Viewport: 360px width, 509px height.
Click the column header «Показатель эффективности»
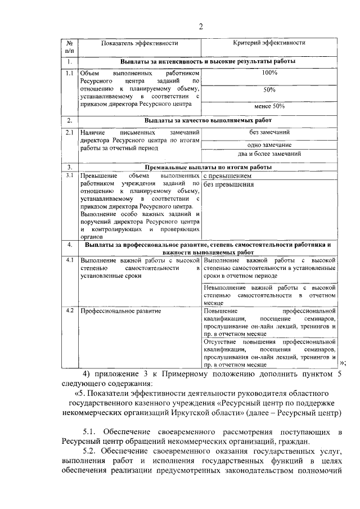tap(139, 43)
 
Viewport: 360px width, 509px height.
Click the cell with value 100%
tap(269, 73)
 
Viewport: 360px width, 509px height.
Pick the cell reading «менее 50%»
tap(269, 106)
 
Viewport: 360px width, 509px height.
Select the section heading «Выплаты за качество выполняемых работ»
tap(208, 120)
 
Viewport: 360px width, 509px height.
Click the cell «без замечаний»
tap(269, 132)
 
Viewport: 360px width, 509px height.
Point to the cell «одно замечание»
tap(269, 145)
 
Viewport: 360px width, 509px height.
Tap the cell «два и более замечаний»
tap(269, 154)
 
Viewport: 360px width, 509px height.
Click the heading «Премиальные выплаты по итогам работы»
tap(208, 168)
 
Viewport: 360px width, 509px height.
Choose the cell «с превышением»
tap(227, 175)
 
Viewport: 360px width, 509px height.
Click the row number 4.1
tap(69, 260)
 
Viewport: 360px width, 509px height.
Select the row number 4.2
tap(69, 310)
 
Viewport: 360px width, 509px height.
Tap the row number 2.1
tap(69, 132)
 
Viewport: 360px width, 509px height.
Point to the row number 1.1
tap(69, 73)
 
